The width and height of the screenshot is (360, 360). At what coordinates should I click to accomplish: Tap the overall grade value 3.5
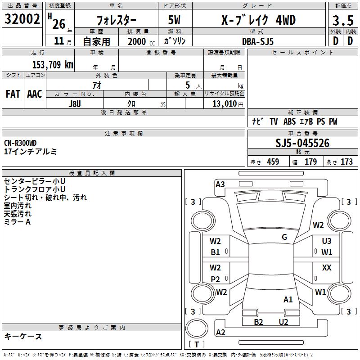pyautogui.click(x=342, y=21)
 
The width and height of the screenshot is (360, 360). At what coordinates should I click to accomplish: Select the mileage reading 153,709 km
pyautogui.click(x=52, y=64)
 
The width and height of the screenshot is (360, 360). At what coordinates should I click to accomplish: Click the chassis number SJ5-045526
pyautogui.click(x=302, y=144)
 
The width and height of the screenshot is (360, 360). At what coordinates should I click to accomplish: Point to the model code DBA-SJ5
pyautogui.click(x=257, y=41)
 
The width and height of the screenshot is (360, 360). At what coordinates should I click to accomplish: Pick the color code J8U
pyautogui.click(x=75, y=103)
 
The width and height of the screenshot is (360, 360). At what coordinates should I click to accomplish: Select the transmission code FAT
pyautogui.click(x=13, y=94)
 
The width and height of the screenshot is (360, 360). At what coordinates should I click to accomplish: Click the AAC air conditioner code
pyautogui.click(x=35, y=94)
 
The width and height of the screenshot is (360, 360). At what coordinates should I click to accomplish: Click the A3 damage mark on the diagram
pyautogui.click(x=220, y=184)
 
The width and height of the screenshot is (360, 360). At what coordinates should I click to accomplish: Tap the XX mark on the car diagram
pyautogui.click(x=327, y=268)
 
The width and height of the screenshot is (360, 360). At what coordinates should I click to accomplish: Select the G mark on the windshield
pyautogui.click(x=284, y=237)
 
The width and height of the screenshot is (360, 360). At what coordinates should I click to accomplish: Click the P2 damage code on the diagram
pyautogui.click(x=216, y=279)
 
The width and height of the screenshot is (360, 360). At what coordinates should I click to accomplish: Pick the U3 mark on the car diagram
pyautogui.click(x=327, y=241)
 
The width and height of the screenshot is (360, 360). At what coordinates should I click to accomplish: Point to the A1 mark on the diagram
pyautogui.click(x=288, y=299)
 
